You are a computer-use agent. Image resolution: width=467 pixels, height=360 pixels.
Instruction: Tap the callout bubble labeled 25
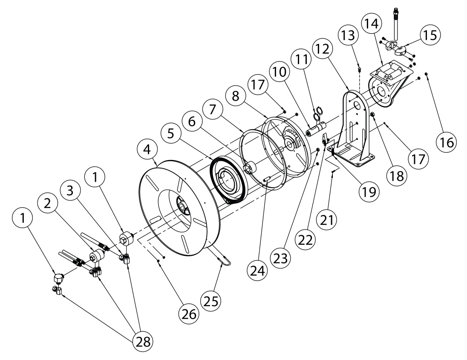point(212,301)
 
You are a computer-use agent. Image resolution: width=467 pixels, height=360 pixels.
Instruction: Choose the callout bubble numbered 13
point(349,35)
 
